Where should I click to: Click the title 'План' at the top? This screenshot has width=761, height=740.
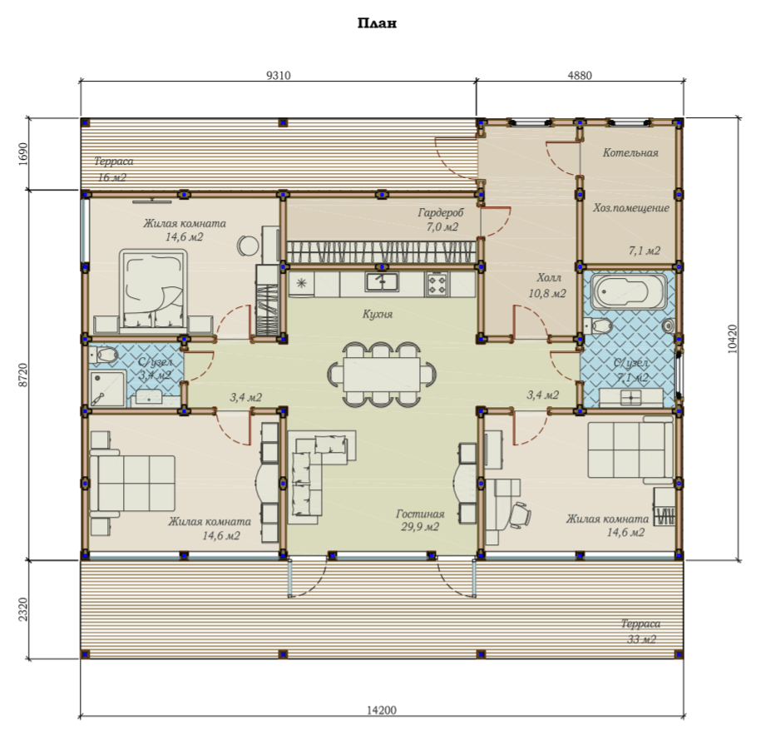[377, 23]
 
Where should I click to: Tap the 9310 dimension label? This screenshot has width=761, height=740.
[279, 75]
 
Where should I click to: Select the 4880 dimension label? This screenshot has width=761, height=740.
[580, 75]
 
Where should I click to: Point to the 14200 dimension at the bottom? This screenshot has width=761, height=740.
[381, 710]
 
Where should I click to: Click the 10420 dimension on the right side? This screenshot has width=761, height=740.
[733, 339]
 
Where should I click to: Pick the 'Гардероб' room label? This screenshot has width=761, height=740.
[441, 212]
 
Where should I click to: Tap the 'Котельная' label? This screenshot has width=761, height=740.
[630, 152]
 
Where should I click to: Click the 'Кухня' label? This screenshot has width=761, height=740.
[377, 314]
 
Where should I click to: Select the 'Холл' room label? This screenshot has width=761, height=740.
[548, 277]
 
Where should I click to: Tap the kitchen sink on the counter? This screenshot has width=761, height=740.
[382, 282]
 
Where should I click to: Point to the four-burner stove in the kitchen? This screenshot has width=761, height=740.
[437, 284]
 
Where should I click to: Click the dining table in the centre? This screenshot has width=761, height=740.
[382, 374]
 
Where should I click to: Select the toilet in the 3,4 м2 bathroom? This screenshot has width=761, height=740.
[104, 355]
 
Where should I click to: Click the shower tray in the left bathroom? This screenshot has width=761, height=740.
[107, 388]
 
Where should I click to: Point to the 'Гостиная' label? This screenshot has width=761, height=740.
[420, 514]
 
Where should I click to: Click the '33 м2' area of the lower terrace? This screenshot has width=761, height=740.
[641, 639]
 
